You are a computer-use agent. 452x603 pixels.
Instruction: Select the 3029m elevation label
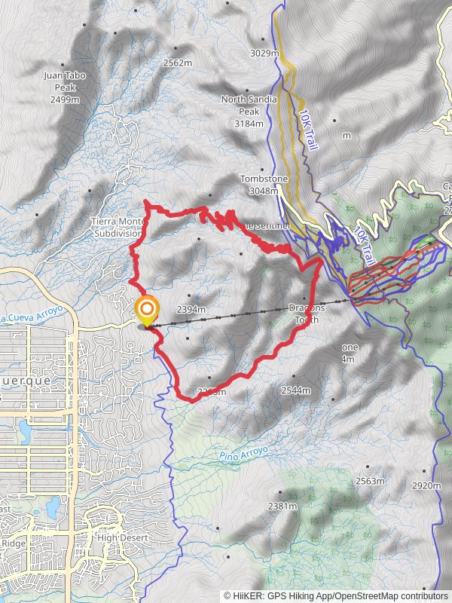[264, 54]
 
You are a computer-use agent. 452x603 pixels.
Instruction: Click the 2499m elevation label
[66, 99]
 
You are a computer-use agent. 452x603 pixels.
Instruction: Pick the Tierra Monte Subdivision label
[118, 227]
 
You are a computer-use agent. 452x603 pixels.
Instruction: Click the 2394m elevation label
[191, 309]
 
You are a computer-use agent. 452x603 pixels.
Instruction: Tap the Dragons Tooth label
[308, 314]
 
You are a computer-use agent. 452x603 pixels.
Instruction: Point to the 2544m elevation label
[295, 390]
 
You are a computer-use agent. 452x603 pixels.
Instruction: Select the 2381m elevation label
[282, 506]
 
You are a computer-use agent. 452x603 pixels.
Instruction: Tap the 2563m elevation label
[371, 481]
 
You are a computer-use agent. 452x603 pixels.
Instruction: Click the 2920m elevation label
[426, 485]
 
